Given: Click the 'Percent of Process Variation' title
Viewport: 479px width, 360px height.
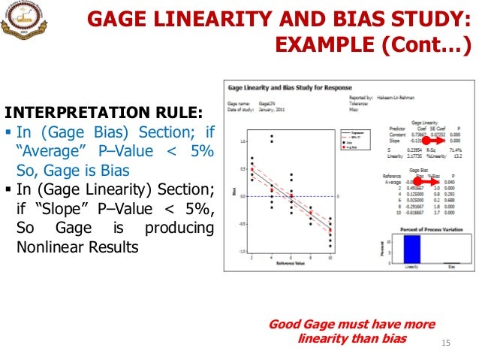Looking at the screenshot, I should tap(424, 227).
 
